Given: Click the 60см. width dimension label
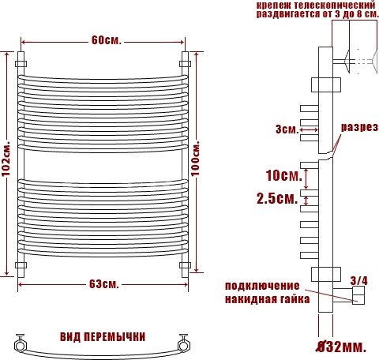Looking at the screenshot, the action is pos(107,40).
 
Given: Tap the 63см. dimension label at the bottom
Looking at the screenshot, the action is pos(104,284).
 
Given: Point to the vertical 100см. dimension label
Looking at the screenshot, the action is pos(196,158).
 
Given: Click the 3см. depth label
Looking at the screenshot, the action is pos(287,129).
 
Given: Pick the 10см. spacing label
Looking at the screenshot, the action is pos(284,175).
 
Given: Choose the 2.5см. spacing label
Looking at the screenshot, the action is pos(277,198).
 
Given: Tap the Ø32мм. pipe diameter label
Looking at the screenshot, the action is pos(341,347).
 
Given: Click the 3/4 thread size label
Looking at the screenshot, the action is pos(359,281).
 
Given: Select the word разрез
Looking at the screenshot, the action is pos(359,127).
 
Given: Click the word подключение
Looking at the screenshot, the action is pos(262,286).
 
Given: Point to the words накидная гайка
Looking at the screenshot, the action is pos(267,299).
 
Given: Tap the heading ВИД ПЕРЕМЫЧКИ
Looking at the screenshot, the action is pos(103,337).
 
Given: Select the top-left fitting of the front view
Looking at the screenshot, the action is pos(21,64).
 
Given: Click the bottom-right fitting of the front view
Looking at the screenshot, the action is pos(185,265).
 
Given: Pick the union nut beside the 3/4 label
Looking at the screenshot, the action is pos(358,295).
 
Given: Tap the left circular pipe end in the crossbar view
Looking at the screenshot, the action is pos(20,345).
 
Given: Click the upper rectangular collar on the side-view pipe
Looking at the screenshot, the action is pos(326,84).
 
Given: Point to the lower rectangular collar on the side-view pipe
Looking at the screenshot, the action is pos(326,274).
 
